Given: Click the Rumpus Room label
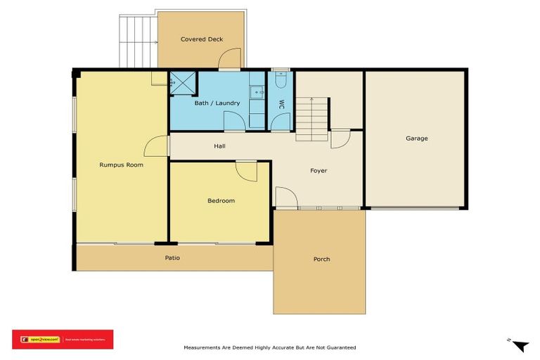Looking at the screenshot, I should coord(121,165).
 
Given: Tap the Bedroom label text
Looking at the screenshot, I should coord(221,200).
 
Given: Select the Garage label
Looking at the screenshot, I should coord(416,139).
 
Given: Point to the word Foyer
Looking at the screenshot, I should coord(319,171).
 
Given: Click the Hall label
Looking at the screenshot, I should coord(220,146).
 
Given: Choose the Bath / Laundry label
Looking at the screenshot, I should coord(217,103).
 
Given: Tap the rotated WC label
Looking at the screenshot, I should coord(281,103).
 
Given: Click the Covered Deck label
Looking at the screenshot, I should coord(202,39).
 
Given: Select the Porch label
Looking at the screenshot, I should coord(321,259).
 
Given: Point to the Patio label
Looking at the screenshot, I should coord(172,258).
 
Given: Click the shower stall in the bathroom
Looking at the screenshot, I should coord(183,83).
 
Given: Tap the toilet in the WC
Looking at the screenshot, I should coord(281,81).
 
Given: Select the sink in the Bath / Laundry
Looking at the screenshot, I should coord(257,91).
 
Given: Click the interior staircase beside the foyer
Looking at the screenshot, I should coord(311,118).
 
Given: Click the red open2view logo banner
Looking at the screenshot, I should coord(63,340).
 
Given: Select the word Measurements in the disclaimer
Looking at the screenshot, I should coord(205,347).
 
